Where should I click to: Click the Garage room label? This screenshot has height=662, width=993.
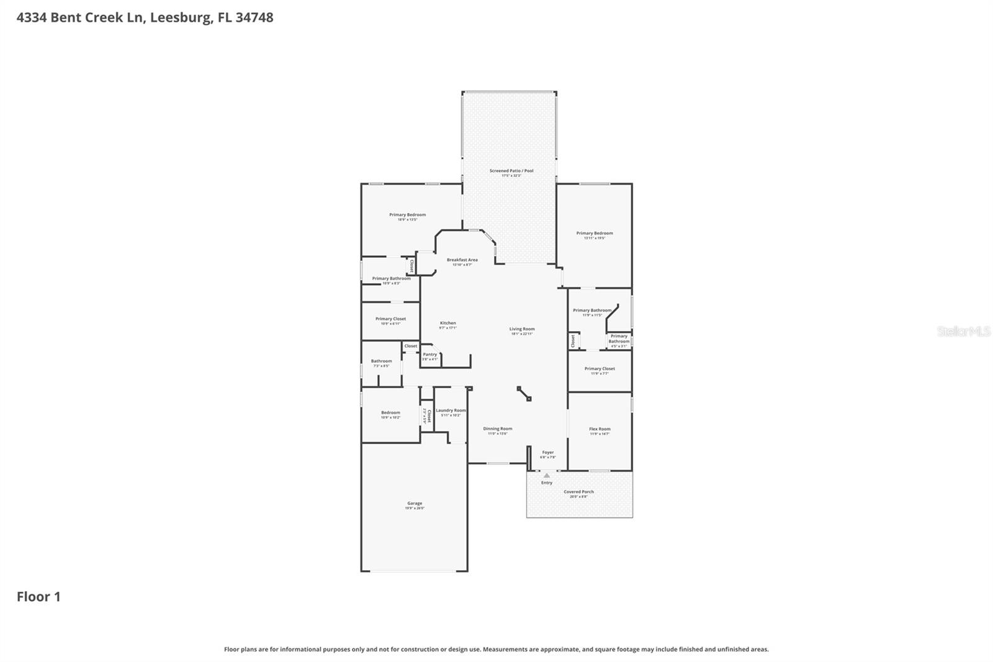(415, 504)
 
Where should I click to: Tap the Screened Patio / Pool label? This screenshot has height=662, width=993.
(511, 171)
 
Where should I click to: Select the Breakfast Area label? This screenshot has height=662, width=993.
(462, 260)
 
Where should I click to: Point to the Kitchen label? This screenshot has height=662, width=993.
(448, 323)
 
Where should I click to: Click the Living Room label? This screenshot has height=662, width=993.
(522, 329)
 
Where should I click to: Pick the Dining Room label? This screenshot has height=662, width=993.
(498, 428)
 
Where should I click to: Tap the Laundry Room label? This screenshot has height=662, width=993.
(451, 410)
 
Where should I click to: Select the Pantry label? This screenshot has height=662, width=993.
(430, 355)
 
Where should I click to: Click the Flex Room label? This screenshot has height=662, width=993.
(600, 429)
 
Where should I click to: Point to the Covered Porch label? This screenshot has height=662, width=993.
(578, 492)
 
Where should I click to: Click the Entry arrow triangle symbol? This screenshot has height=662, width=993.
(547, 476)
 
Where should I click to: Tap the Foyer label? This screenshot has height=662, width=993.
(547, 453)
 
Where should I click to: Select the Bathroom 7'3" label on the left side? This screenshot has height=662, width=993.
(382, 361)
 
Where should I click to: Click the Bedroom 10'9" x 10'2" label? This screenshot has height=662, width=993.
(390, 413)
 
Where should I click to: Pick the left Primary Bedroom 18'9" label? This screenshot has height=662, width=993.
(408, 215)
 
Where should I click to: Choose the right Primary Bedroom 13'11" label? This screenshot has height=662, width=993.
(595, 234)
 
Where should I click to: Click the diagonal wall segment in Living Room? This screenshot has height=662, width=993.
(524, 394)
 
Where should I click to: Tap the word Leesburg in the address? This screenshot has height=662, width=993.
(180, 17)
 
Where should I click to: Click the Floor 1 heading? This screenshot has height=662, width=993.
(38, 597)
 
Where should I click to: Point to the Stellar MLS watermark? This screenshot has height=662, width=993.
(964, 332)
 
